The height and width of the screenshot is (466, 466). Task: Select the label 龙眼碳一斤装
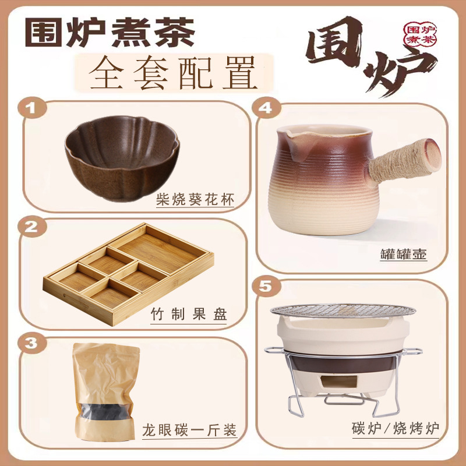point(190,431)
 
